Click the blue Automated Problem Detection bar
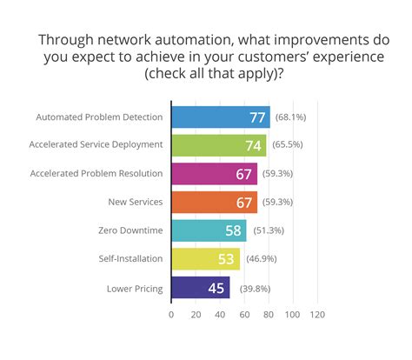tap(221, 117)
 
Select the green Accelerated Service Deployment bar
tap(218, 145)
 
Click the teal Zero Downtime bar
tap(209, 230)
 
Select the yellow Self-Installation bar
tap(205, 259)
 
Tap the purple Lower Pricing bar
tap(200, 287)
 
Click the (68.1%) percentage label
tap(291, 117)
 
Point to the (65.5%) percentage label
tap(288, 145)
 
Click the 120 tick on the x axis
tap(316, 313)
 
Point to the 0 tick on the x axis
tap(171, 313)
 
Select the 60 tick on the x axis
tap(244, 313)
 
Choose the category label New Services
tap(137, 202)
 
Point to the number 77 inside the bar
tap(258, 117)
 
